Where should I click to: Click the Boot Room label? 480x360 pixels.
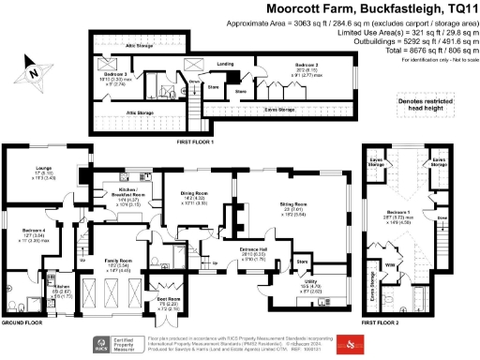166,301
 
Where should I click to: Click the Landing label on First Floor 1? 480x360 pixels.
225,64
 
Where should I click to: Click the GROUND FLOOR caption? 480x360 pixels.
22,322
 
